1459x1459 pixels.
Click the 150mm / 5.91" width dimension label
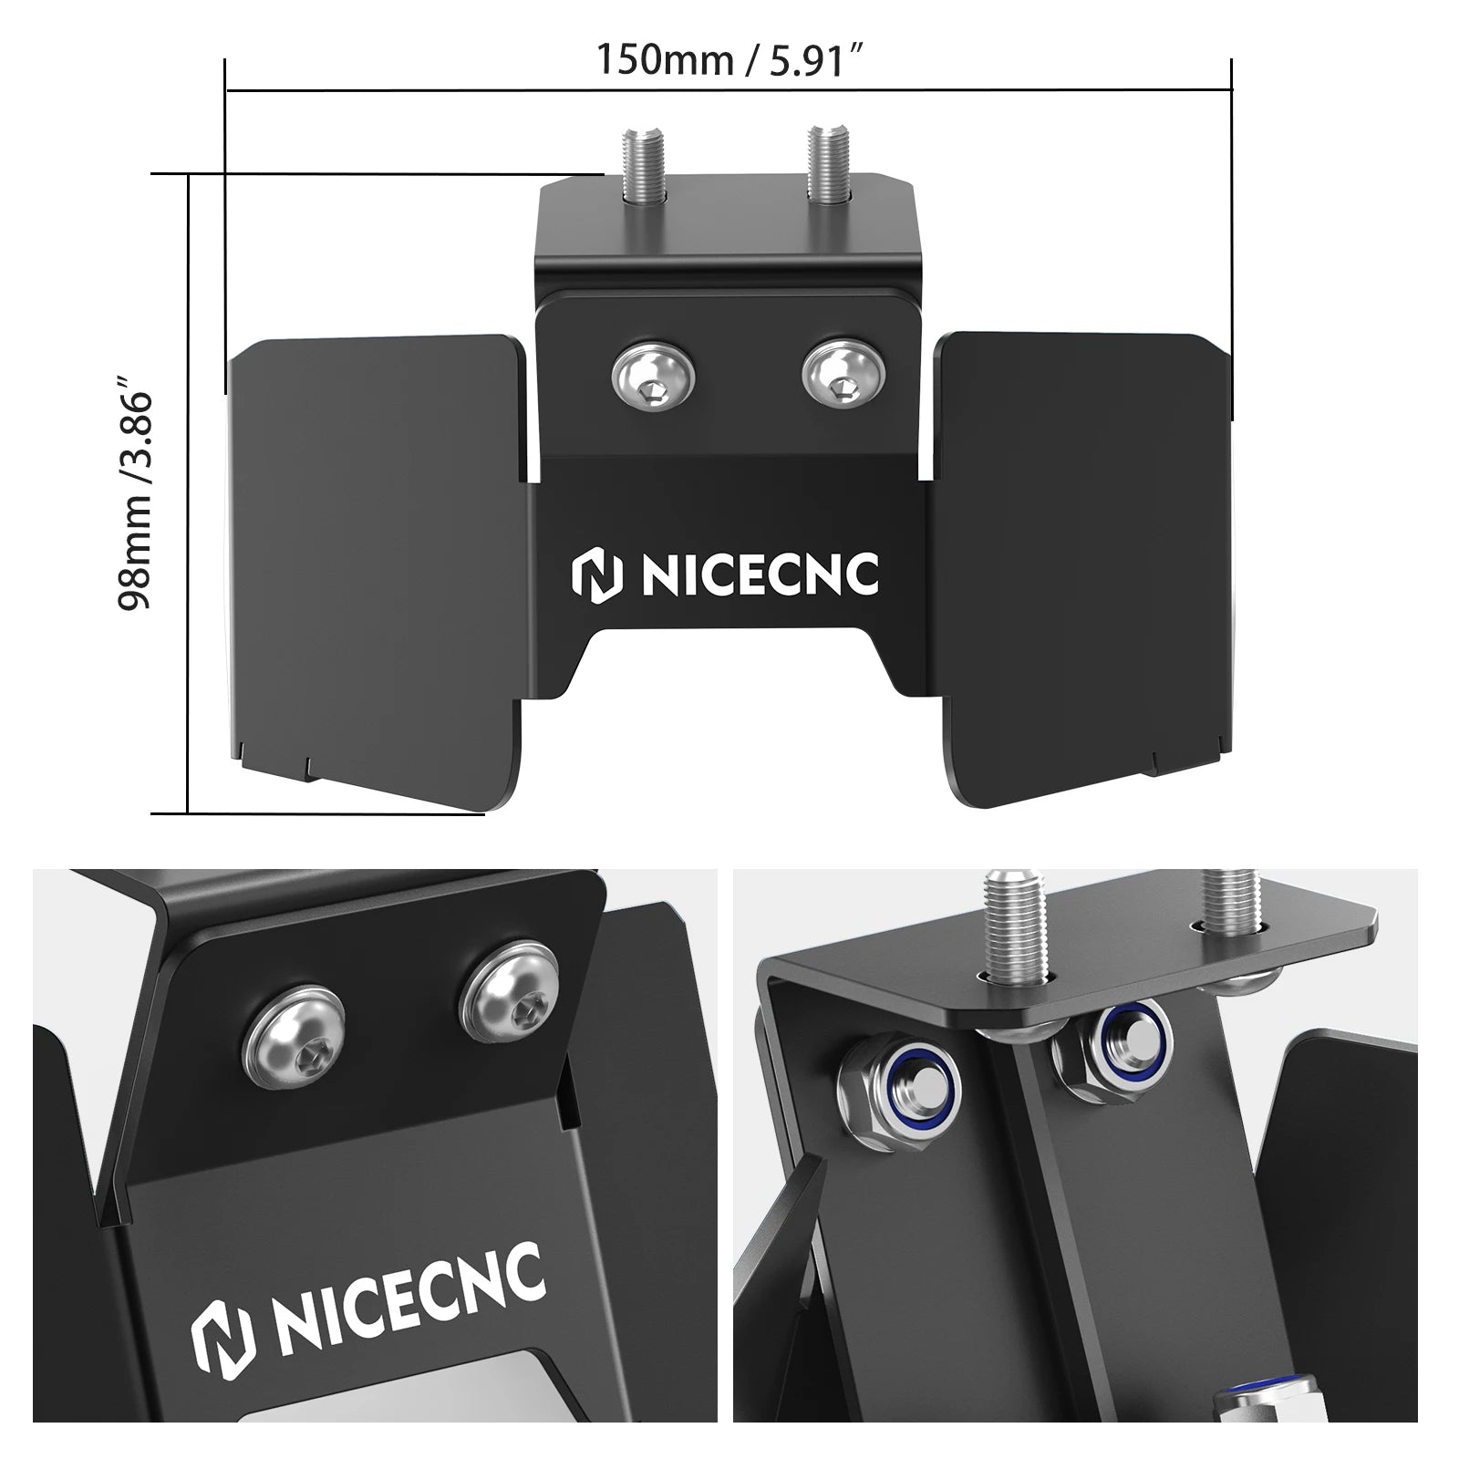729,59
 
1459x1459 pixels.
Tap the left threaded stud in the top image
636,167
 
